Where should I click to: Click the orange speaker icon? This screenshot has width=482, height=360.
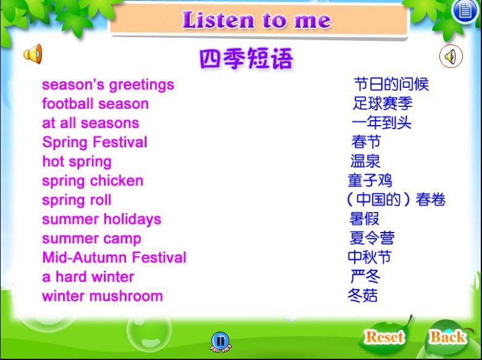pos(33,54)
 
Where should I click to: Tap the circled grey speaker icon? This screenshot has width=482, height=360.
pos(451,56)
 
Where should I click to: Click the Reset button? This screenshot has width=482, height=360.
pos(384,336)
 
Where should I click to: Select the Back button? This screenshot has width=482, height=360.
pos(447,336)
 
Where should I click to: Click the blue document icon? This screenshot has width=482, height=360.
pos(465,11)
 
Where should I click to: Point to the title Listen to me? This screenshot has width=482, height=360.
pos(257,20)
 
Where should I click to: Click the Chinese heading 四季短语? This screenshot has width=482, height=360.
pos(246,58)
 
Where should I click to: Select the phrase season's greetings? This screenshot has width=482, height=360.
pos(108,85)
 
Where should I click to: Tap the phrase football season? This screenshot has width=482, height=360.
pos(95,104)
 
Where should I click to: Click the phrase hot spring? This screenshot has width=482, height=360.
pos(77,162)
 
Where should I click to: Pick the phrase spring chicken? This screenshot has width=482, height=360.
pos(93,181)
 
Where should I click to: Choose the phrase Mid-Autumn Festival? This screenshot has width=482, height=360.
pos(114,257)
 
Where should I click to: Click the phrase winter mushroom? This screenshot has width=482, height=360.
pos(103,296)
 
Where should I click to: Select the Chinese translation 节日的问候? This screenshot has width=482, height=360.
pos(391,84)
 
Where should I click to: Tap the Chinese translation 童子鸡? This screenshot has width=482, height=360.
pos(370,180)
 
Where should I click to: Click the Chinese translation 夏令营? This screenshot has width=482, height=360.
pos(371,238)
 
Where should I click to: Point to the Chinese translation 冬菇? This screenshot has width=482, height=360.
pos(363,296)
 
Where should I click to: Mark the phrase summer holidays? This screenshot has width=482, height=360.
pos(102,220)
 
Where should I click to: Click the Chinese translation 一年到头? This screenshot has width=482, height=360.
pos(381,122)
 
